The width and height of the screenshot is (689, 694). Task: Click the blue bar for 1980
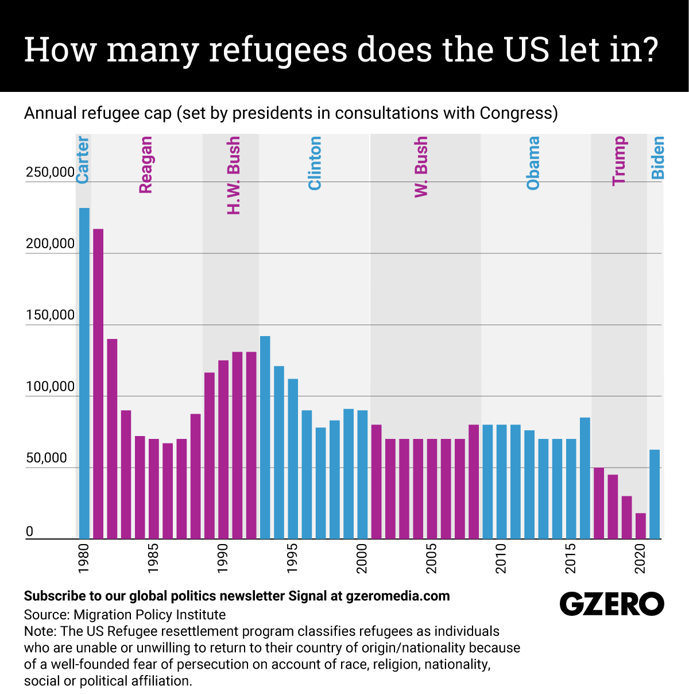point(84,373)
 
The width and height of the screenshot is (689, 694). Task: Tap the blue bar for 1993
point(265,437)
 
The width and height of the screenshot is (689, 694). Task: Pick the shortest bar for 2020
point(641,526)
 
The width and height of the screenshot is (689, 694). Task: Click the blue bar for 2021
point(655,494)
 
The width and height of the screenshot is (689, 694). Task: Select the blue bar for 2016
point(585,478)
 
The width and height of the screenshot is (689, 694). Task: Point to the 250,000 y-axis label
point(51,172)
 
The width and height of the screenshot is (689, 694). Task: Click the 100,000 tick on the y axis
point(51,387)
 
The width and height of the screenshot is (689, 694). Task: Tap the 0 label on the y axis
point(30,532)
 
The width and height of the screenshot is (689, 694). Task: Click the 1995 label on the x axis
point(293,558)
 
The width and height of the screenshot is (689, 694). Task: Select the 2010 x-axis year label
point(501,558)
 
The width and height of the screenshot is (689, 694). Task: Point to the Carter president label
point(83,160)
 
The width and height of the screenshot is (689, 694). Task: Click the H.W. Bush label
point(234,175)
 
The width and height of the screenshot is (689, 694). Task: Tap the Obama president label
point(533,163)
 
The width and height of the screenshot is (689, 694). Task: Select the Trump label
point(619,161)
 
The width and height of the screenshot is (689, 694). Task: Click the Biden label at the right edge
point(658,157)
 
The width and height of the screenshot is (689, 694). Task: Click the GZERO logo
point(611,604)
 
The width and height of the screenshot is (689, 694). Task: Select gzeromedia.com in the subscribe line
point(398,596)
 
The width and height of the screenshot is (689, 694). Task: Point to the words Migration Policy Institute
point(149,615)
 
